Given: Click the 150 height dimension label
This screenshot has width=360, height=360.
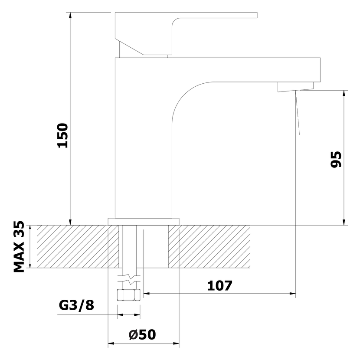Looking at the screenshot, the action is pos(63,135).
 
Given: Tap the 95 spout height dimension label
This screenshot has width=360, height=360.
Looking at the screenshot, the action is pos(336,159).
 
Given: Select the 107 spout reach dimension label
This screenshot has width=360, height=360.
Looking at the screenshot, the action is pos(220,285).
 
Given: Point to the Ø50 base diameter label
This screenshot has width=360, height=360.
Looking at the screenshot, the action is pos(142,334).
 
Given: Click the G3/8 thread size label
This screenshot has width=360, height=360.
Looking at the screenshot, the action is pos(76,305).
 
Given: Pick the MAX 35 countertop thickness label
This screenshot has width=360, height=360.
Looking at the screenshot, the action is pos(19,247).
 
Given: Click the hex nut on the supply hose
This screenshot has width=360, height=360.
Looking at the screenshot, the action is pos(128,295).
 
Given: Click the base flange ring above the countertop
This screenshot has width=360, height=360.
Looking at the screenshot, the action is pos(144,222).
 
